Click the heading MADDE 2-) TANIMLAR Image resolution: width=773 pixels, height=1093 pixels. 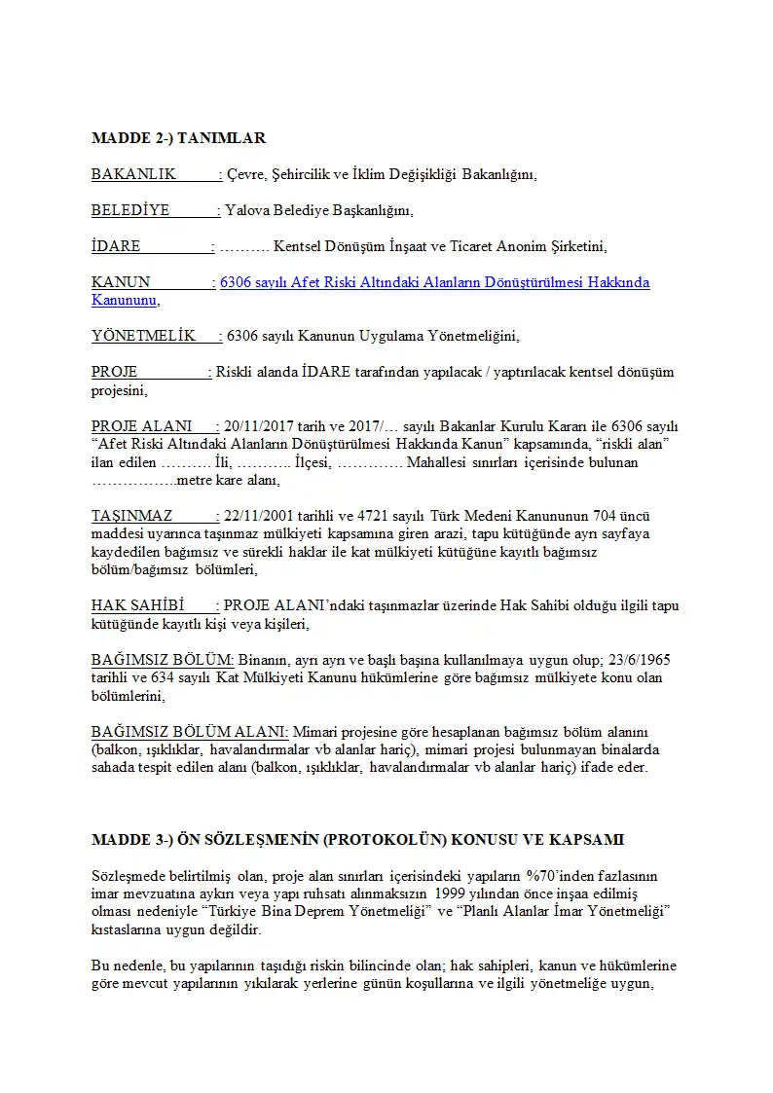coord(178,138)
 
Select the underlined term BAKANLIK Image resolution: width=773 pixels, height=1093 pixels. coord(133,174)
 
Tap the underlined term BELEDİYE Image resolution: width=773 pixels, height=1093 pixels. coord(130,210)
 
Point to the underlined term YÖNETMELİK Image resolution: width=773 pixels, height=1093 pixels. coord(143,336)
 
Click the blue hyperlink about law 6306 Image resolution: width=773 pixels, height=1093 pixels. coord(434,282)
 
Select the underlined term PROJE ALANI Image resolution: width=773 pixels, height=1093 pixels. coord(141,426)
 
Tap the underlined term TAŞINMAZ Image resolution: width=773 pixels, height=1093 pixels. coord(132,516)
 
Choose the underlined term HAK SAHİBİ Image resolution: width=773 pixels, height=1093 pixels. coord(138,605)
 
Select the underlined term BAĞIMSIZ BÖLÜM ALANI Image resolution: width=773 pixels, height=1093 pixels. coord(189,731)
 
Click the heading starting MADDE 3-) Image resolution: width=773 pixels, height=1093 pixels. coord(357,839)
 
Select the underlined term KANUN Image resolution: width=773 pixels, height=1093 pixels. coord(121,282)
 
